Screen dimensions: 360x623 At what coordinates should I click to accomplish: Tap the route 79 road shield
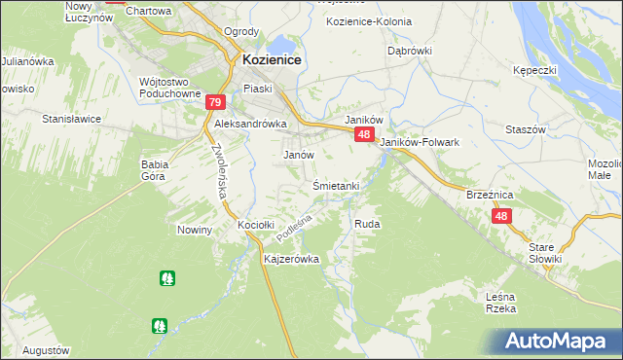[215, 102]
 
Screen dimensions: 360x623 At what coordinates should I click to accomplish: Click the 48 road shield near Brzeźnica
[500, 217]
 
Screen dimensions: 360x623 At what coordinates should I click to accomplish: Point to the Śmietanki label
[337, 185]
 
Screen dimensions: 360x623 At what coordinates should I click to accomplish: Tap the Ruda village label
[367, 224]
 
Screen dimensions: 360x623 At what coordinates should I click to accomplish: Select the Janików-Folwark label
[420, 142]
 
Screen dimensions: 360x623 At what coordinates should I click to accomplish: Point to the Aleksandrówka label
[250, 124]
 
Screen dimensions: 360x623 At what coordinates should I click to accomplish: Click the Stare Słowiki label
[546, 252]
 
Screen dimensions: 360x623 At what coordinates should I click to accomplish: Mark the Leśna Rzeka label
[499, 302]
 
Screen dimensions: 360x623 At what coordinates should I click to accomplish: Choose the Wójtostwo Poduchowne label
[156, 88]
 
